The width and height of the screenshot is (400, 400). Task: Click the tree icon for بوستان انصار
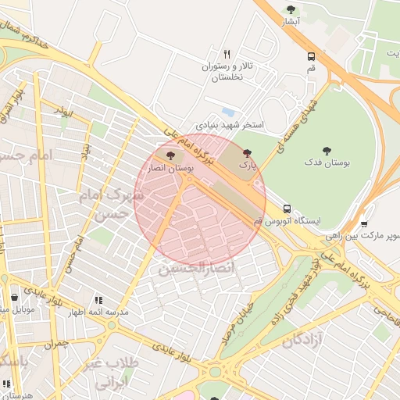pyautogui.click(x=171, y=155)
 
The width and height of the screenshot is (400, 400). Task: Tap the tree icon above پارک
pyautogui.click(x=248, y=154)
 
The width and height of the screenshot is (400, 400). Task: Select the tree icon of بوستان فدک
pyautogui.click(x=327, y=151)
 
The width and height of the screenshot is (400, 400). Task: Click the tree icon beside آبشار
pyautogui.click(x=291, y=9)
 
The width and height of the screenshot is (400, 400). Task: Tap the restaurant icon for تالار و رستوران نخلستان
pyautogui.click(x=227, y=54)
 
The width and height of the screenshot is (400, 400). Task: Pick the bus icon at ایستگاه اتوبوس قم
pyautogui.click(x=287, y=209)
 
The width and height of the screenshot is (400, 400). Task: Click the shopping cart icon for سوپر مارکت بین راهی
pyautogui.click(x=364, y=223)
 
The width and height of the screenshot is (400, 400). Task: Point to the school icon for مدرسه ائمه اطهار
pyautogui.click(x=98, y=299)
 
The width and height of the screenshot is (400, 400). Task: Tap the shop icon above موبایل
pyautogui.click(x=15, y=298)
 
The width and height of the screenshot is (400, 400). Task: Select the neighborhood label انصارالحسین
pyautogui.click(x=198, y=270)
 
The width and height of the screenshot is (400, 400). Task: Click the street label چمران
pyautogui.click(x=56, y=344)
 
